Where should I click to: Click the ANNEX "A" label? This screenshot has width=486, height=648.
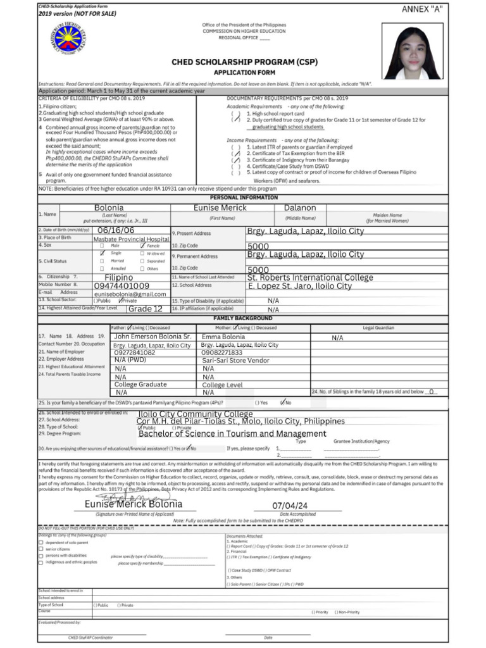click(422, 9)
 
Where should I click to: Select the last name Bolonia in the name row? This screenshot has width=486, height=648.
click(109, 208)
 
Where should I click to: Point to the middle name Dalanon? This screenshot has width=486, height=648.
click(300, 208)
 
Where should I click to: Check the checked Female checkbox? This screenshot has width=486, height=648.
click(143, 245)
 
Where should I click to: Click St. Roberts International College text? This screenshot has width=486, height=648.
click(310, 277)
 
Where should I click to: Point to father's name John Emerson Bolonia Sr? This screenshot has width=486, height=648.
click(152, 337)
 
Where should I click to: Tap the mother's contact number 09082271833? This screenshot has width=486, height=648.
click(221, 352)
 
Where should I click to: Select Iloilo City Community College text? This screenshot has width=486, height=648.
click(196, 414)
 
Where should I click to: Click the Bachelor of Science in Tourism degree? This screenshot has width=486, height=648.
click(232, 434)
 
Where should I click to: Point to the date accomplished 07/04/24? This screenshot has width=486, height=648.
click(290, 506)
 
